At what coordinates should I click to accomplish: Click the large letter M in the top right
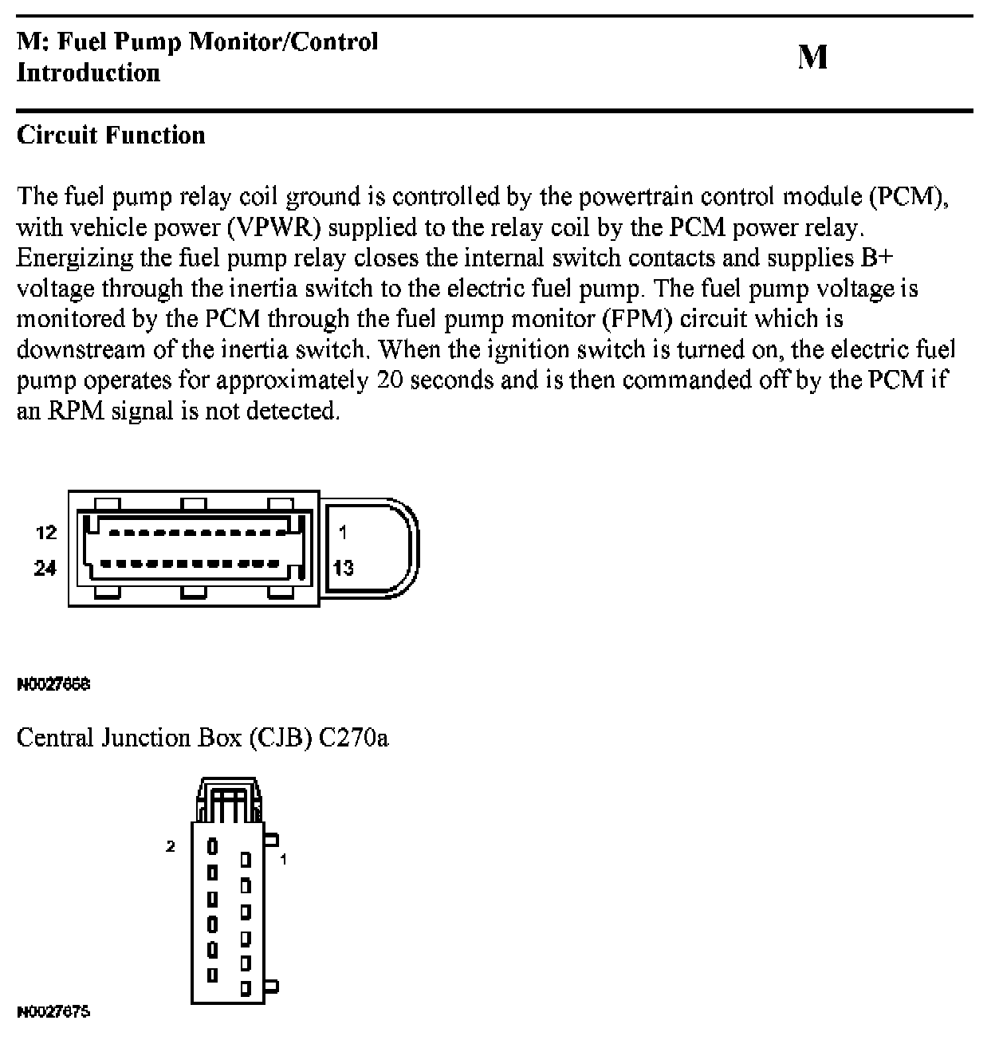[812, 57]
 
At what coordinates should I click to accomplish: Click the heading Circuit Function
[111, 135]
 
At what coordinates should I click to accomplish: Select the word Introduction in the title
[88, 73]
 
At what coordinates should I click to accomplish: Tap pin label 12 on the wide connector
[46, 532]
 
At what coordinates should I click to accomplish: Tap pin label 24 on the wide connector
[45, 568]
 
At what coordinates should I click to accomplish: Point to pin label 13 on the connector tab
[344, 568]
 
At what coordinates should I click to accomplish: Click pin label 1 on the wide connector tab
[342, 532]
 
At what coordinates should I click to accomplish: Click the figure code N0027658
[53, 684]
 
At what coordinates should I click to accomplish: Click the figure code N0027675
[53, 1012]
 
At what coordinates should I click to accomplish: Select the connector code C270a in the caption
[353, 738]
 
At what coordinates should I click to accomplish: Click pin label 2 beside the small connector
[170, 846]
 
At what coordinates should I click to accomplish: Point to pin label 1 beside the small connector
[283, 860]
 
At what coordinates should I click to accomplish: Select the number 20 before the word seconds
[390, 380]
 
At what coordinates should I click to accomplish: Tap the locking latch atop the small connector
[230, 798]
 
